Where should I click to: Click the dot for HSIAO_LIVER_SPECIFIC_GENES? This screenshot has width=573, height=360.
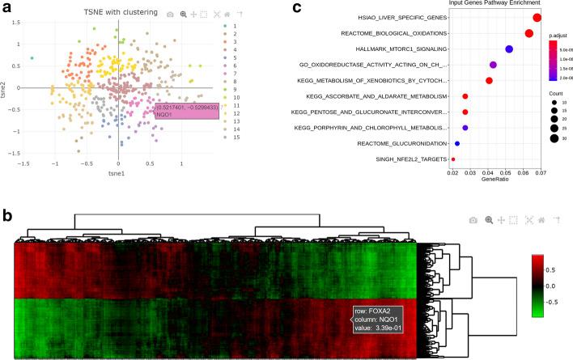point(538,17)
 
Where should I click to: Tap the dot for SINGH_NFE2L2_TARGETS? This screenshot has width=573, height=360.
point(453,159)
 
